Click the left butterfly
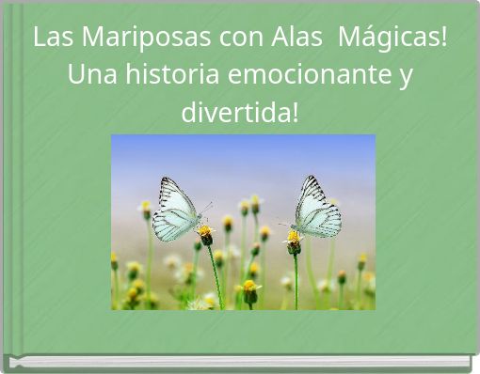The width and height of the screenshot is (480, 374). [177, 210]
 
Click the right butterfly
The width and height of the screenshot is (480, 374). [314, 209]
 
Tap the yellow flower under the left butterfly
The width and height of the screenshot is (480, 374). [204, 231]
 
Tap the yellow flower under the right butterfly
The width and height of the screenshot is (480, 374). [294, 238]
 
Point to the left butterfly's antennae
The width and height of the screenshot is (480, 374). [205, 208]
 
